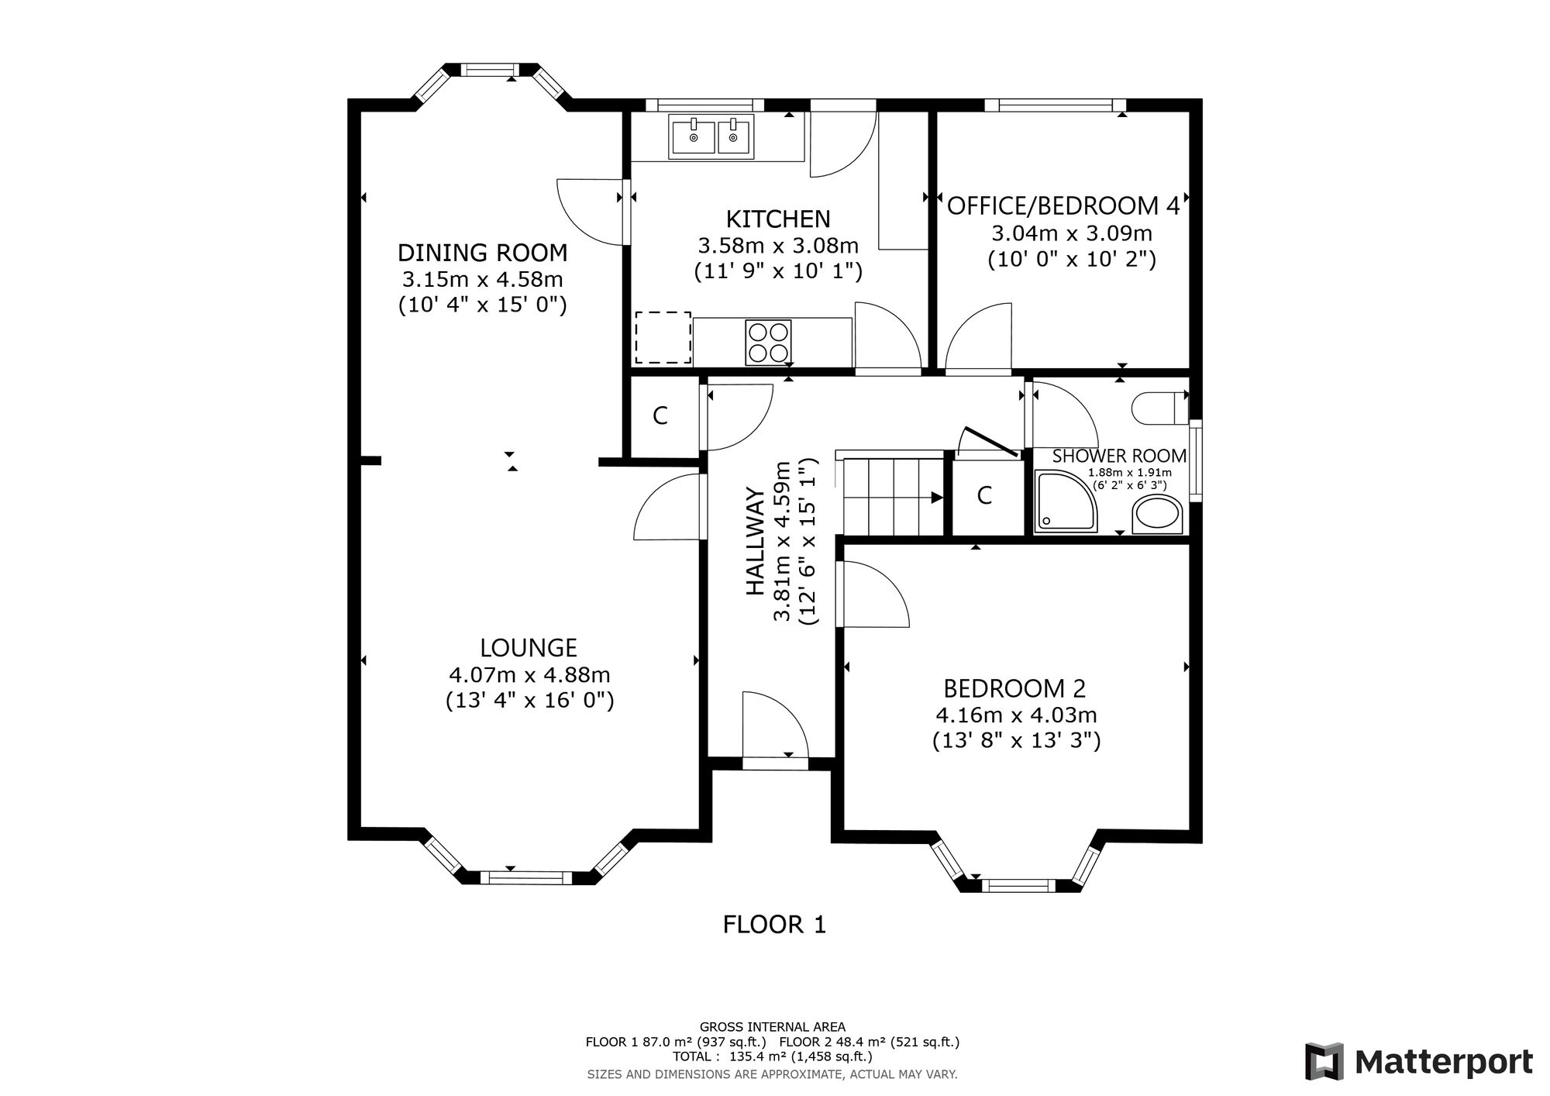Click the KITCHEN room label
[778, 219]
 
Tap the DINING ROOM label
[482, 253]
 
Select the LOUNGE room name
[529, 648]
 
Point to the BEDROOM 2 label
[1014, 688]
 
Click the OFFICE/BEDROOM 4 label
[1063, 206]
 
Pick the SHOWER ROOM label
[1119, 457]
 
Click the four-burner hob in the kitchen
[768, 342]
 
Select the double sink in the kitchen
[712, 138]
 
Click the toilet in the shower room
[1159, 407]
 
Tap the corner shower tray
[1066, 501]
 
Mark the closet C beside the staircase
[985, 495]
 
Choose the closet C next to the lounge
[660, 416]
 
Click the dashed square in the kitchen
[663, 337]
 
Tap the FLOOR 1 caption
[775, 925]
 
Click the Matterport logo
[1419, 1061]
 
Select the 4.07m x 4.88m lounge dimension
[529, 675]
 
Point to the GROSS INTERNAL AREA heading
[773, 1027]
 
